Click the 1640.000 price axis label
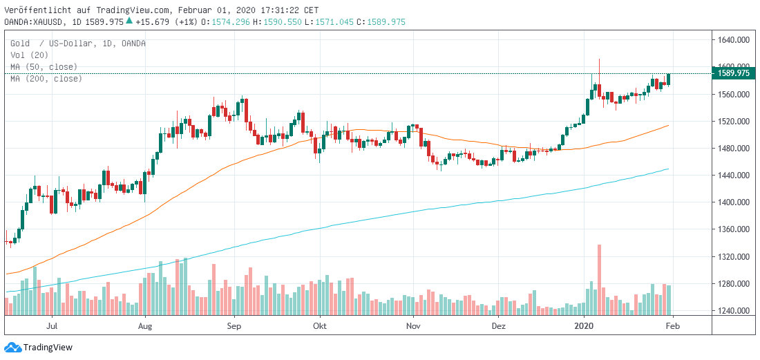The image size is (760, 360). point(734,40)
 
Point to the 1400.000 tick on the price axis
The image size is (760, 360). point(734,202)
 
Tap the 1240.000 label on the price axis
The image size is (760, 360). point(734,311)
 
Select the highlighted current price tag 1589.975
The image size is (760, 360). point(734,73)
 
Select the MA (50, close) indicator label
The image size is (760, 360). point(44,67)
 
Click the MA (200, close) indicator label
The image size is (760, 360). point(46,79)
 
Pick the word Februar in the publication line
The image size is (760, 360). point(193,10)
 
